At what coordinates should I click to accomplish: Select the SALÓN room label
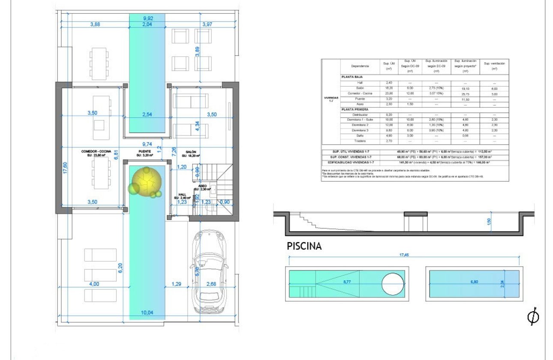[x=191, y=151]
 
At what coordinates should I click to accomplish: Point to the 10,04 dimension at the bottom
[x=147, y=313]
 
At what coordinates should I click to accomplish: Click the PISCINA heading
[x=304, y=246]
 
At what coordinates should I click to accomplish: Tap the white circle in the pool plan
[x=392, y=283]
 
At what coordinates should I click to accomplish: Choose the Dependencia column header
[x=360, y=66]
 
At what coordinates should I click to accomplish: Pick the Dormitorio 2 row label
[x=360, y=125]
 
